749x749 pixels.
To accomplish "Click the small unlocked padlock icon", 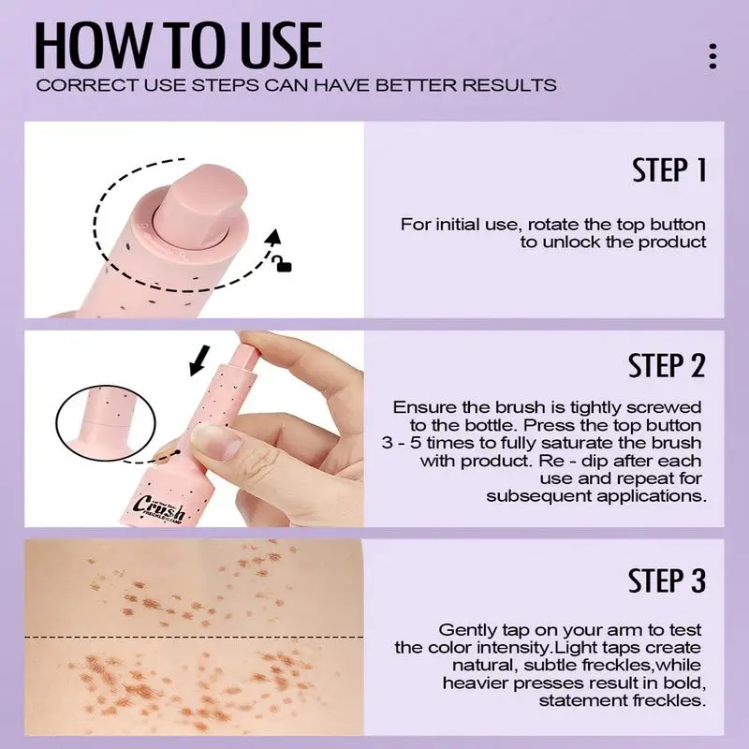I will coord(281,266).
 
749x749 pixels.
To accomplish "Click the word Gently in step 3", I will coord(465,630).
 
